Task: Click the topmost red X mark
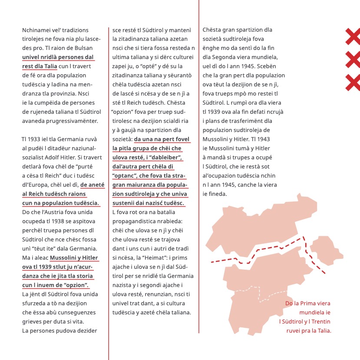[x=352, y=36]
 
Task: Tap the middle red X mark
[x=352, y=59]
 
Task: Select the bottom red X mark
[x=352, y=82]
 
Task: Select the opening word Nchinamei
[x=37, y=30]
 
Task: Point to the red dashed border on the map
[x=261, y=253]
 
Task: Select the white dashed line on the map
[x=259, y=292]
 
